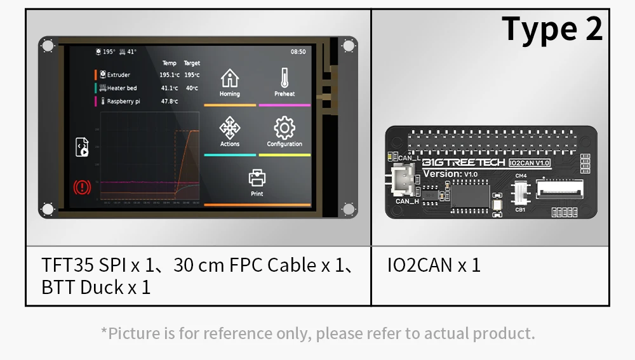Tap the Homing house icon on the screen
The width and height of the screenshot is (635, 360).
tap(229, 79)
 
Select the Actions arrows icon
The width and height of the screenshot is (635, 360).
tap(230, 128)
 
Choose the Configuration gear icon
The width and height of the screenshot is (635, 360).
tap(284, 128)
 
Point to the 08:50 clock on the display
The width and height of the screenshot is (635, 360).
tap(298, 52)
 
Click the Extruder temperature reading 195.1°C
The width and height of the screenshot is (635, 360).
tap(169, 75)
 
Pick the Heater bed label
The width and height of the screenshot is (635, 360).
tap(121, 88)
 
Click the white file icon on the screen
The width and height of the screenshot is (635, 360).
tap(82, 147)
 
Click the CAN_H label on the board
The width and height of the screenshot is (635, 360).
tap(406, 202)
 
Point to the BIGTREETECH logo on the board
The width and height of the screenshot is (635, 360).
tap(464, 163)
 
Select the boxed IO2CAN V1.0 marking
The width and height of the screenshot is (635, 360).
tap(530, 163)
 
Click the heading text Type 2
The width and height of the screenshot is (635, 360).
tap(551, 30)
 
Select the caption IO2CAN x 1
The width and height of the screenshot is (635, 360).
tap(434, 265)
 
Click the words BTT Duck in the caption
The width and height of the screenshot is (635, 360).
tap(83, 288)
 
